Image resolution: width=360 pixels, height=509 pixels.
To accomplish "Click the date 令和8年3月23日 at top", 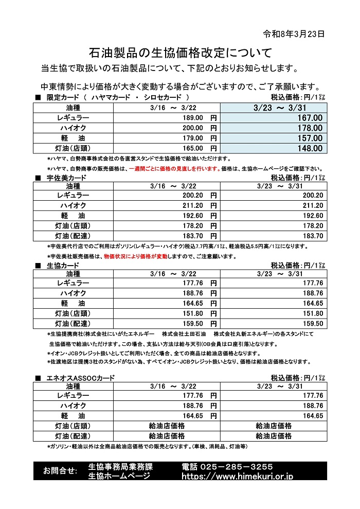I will coord(294,34).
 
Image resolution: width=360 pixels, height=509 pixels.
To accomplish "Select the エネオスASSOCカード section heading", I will coord(80,378).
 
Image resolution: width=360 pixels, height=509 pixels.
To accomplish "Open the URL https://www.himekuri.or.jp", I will coord(237,477).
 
